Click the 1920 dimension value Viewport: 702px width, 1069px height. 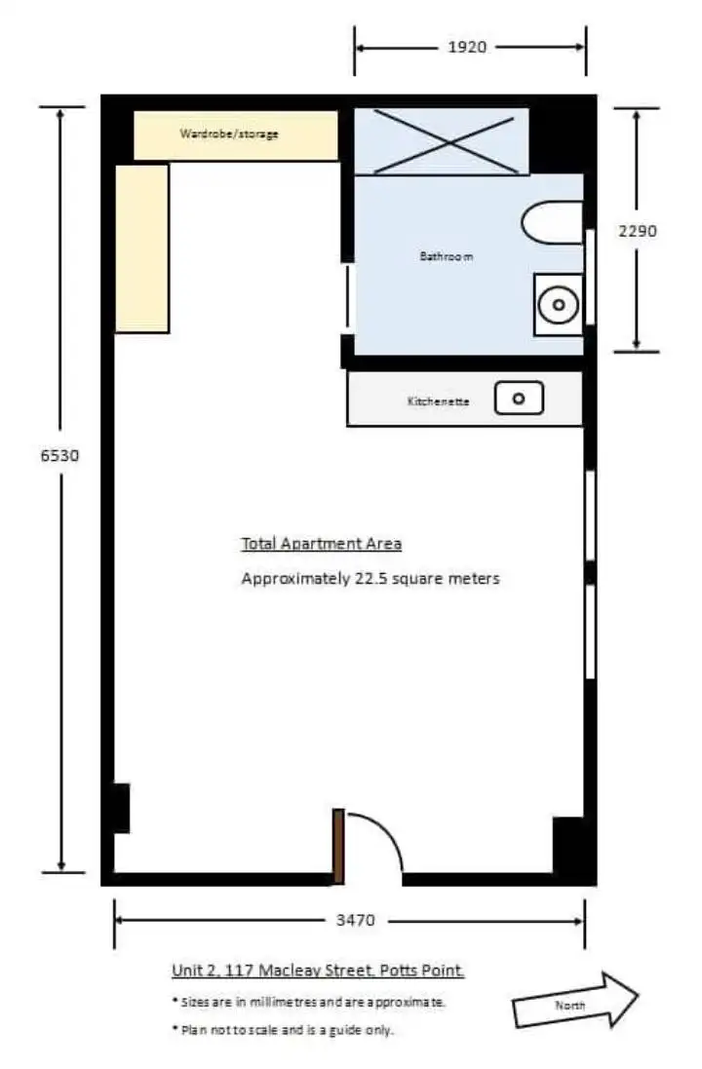467,47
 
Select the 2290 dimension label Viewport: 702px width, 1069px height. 639,232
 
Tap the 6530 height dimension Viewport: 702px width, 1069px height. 59,455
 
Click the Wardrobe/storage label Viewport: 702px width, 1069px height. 228,134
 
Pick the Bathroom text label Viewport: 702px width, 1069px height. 447,257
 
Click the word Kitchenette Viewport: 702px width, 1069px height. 438,401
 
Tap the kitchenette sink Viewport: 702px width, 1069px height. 519,398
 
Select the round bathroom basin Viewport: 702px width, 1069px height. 559,305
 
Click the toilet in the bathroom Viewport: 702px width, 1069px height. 552,223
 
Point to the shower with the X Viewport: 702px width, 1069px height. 441,141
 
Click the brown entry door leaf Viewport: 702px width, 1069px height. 338,846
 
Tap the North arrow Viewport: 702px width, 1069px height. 575,1001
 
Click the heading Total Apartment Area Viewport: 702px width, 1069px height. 321,544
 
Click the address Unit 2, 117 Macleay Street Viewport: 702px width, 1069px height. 318,971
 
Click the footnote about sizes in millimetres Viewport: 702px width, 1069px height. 308,1001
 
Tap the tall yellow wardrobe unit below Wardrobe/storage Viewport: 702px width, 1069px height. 142,248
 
